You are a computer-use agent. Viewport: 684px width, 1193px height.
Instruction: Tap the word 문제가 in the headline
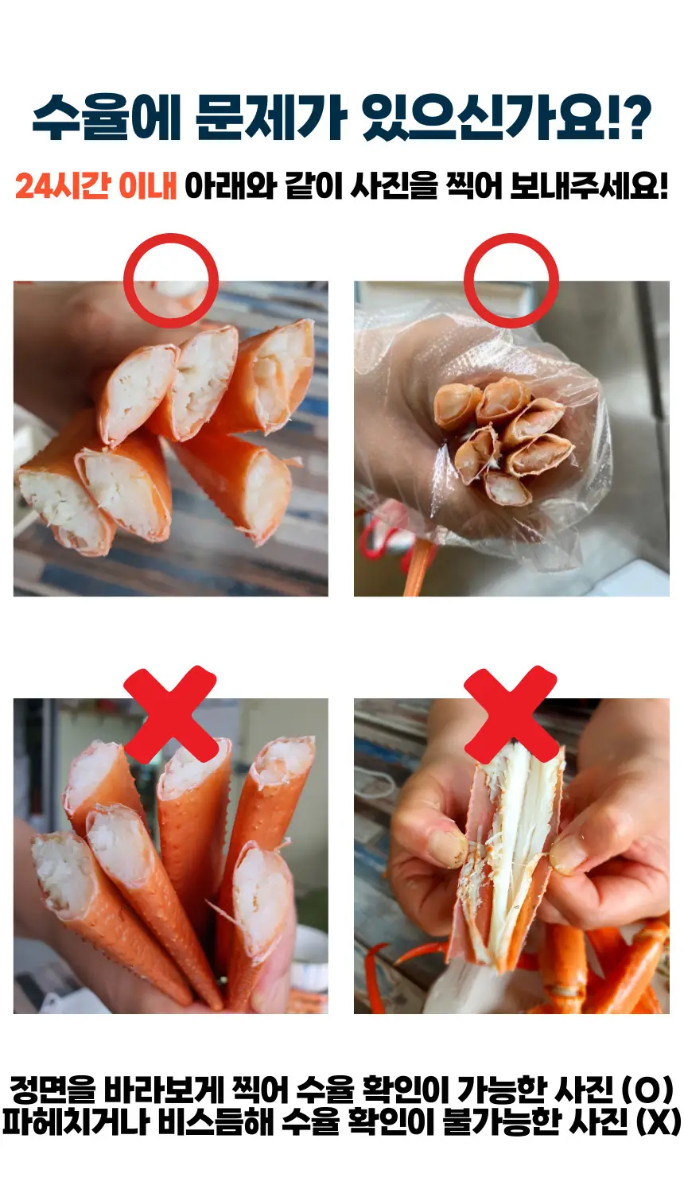tap(270, 118)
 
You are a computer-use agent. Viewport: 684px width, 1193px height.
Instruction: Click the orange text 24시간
tap(63, 186)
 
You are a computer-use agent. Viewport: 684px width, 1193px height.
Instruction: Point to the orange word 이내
tap(148, 186)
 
